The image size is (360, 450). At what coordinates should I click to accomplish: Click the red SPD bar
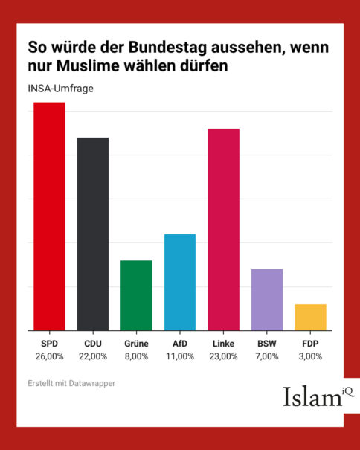click(49, 216)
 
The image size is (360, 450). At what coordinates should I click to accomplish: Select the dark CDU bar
click(93, 234)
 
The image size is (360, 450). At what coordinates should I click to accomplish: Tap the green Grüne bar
click(136, 295)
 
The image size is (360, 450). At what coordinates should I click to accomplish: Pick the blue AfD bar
click(180, 282)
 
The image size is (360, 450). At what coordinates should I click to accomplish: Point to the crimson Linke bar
click(224, 230)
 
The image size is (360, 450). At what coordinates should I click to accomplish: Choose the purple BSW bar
click(267, 300)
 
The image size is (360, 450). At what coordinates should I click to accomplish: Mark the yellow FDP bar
click(310, 317)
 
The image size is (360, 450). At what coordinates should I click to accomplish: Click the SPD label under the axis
click(49, 344)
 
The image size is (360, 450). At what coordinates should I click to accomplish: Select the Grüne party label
click(136, 344)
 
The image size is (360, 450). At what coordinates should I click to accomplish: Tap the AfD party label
click(180, 344)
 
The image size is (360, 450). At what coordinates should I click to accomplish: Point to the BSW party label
click(267, 344)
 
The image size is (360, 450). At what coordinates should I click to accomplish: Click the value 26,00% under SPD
click(49, 356)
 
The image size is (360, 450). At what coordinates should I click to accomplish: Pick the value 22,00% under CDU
click(93, 356)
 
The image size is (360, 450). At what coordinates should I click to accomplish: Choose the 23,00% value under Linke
click(224, 356)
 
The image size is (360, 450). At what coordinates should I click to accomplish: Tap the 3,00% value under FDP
click(310, 356)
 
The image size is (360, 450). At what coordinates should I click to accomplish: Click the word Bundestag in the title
click(167, 48)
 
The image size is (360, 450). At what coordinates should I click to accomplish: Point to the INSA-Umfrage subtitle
click(60, 89)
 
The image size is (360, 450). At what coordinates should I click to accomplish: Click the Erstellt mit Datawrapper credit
click(71, 383)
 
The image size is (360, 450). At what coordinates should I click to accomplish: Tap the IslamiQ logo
click(318, 396)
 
